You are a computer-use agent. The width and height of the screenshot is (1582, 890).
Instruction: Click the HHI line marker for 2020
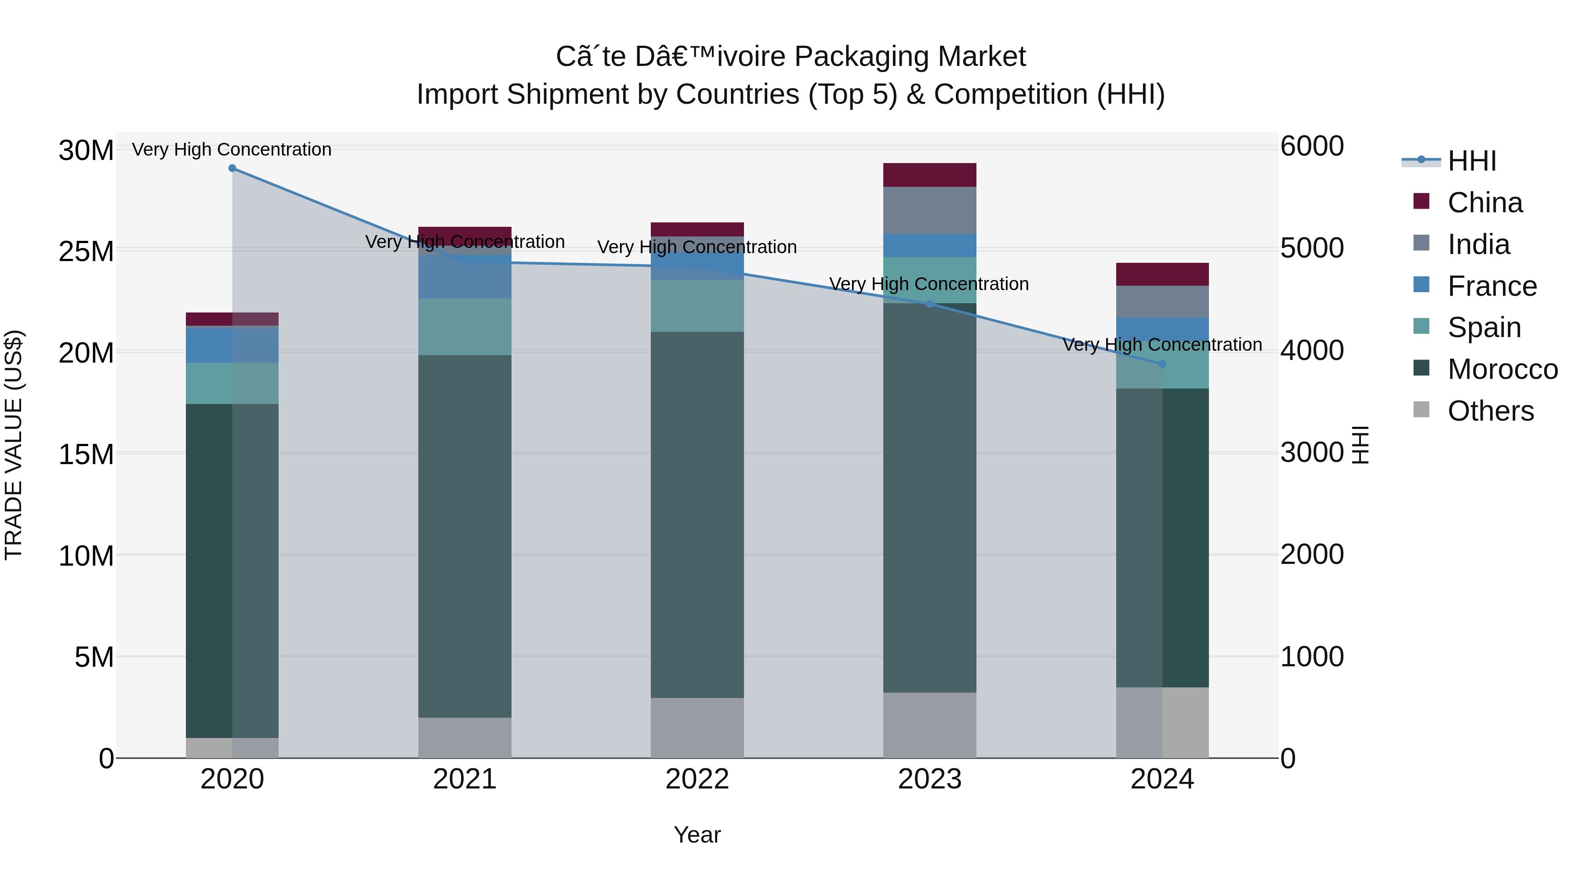[232, 168]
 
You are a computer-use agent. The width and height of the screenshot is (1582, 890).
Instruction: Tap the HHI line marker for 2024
[1162, 364]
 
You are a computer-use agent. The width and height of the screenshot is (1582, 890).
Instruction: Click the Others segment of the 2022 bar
[697, 727]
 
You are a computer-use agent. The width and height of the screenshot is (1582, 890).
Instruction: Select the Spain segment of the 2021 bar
[465, 327]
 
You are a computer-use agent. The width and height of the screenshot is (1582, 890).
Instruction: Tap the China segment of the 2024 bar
[1162, 275]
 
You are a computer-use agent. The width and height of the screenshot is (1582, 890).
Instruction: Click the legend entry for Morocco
[1502, 369]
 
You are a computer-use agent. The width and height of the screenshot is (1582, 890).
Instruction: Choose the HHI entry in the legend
[1471, 161]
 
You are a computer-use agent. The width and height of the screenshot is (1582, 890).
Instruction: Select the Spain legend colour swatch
[1421, 326]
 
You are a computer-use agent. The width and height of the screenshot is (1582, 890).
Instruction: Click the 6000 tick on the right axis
[1312, 146]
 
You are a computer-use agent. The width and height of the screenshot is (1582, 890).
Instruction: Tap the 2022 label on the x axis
[697, 779]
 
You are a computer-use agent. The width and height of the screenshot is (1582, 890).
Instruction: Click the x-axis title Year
[697, 835]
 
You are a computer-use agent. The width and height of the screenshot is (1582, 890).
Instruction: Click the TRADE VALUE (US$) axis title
[14, 445]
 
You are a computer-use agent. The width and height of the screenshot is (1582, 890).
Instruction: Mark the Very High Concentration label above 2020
[232, 149]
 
